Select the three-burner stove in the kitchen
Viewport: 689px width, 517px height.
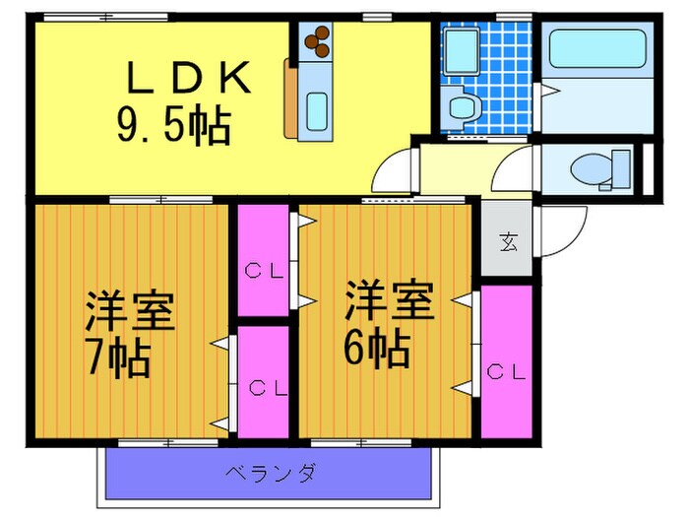click(x=318, y=41)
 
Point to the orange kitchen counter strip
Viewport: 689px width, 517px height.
click(x=290, y=98)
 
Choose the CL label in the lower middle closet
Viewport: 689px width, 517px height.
click(x=260, y=387)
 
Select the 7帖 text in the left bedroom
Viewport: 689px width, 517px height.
click(x=117, y=359)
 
